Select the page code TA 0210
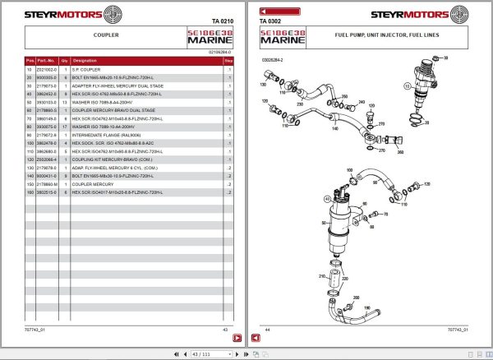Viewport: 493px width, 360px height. click(222, 21)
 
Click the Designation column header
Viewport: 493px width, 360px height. click(85, 61)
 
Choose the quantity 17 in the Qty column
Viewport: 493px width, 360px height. click(64, 128)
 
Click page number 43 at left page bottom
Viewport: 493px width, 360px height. click(225, 330)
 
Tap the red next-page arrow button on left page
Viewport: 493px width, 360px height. click(237, 338)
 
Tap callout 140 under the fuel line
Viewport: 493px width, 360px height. click(334, 128)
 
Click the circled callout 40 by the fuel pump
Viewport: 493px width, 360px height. click(327, 199)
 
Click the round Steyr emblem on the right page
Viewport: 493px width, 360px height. click(473, 14)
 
